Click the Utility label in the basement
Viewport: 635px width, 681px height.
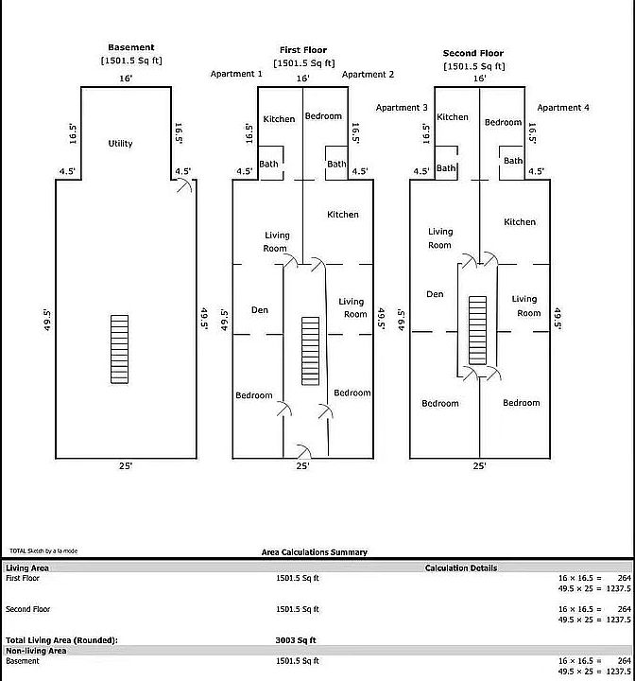120,144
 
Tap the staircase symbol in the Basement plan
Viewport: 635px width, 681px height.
119,349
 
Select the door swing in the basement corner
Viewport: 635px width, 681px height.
184,185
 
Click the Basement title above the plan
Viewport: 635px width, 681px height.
131,47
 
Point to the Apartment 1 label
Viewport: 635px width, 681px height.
236,74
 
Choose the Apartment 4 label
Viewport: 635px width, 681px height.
563,107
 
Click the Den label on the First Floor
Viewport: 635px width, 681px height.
260,309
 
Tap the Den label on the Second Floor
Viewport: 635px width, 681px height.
435,294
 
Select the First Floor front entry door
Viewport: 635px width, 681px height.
304,452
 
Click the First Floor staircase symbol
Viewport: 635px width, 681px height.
310,351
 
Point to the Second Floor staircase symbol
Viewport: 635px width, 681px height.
477,330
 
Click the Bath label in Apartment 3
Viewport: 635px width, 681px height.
446,168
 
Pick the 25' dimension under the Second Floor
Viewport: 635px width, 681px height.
479,465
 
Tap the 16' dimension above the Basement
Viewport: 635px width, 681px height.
126,79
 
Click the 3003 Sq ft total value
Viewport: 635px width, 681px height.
296,640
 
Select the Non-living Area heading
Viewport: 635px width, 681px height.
36,651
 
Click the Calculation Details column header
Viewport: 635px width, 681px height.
461,567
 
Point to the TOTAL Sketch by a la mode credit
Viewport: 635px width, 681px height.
43,550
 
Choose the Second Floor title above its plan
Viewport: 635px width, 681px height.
473,53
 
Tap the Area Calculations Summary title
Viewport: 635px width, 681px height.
315,552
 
